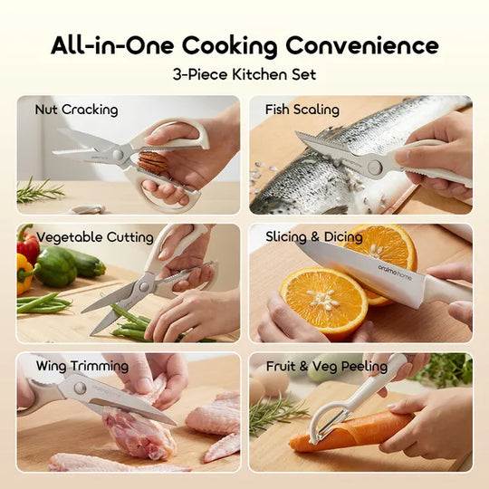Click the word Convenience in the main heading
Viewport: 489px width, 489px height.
[x=362, y=45]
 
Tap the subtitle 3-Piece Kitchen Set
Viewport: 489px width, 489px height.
[x=244, y=74]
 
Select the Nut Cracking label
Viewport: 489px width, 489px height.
[x=76, y=110]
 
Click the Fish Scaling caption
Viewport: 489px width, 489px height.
[x=302, y=110]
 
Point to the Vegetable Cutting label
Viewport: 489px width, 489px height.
[x=95, y=237]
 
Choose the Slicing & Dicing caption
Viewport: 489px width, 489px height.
[x=313, y=237]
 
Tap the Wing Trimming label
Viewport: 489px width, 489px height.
[x=82, y=366]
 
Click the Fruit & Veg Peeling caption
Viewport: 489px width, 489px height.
[x=327, y=366]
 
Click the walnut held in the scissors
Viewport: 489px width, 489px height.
[x=152, y=162]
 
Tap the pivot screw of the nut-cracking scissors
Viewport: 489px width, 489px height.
[x=118, y=154]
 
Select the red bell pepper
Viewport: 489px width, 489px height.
[x=28, y=244]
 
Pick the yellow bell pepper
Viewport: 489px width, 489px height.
[x=24, y=273]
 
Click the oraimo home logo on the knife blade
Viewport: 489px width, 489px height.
[x=395, y=273]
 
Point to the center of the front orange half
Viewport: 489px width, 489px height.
[x=323, y=300]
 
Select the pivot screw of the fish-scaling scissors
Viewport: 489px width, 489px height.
[x=375, y=167]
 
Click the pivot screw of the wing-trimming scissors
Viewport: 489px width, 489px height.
[x=80, y=388]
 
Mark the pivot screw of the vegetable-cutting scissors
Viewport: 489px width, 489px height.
[x=144, y=286]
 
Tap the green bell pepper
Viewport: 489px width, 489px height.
[x=56, y=266]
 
